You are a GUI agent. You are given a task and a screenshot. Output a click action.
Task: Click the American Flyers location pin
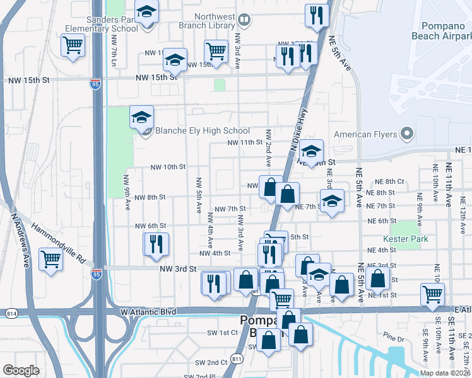tap(406, 134)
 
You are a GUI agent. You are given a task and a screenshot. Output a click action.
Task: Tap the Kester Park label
tap(405, 239)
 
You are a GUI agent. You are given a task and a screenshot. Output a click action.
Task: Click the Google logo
tap(21, 370)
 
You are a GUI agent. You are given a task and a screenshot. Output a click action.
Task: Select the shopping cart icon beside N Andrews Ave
tap(50, 258)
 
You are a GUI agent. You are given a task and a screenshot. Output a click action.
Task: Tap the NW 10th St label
tap(168, 167)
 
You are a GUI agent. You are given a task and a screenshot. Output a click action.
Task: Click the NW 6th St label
tap(150, 226)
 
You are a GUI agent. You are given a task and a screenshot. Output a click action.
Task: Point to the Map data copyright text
tap(445, 373)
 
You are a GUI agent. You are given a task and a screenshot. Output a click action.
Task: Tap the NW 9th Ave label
tap(126, 192)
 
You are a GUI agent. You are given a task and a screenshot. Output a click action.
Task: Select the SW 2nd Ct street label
tap(211, 362)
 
